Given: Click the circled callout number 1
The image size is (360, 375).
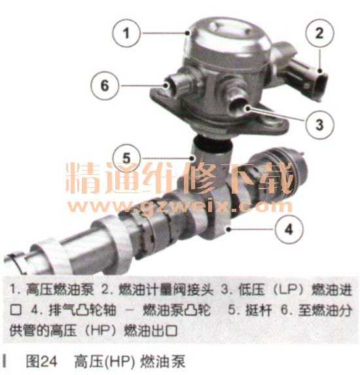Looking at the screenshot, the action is click(x=126, y=33).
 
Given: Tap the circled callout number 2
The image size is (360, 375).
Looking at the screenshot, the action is click(x=319, y=33).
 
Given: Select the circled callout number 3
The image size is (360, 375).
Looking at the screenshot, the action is click(x=319, y=125).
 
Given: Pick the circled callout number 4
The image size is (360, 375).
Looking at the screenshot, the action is click(x=289, y=229).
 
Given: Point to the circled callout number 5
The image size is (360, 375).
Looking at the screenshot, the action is click(x=126, y=158).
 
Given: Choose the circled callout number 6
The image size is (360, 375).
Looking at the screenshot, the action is click(x=105, y=86).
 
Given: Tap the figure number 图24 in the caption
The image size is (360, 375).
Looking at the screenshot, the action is click(x=42, y=361).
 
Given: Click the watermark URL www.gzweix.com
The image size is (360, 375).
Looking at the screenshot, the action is click(x=180, y=206).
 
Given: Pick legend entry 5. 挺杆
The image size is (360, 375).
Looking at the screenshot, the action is click(x=250, y=310).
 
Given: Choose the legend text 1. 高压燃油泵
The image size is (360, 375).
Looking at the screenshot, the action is click(x=52, y=290).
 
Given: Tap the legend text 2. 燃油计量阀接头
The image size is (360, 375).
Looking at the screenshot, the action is click(x=157, y=290).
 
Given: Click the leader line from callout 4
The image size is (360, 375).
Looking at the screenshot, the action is click(x=251, y=229).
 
